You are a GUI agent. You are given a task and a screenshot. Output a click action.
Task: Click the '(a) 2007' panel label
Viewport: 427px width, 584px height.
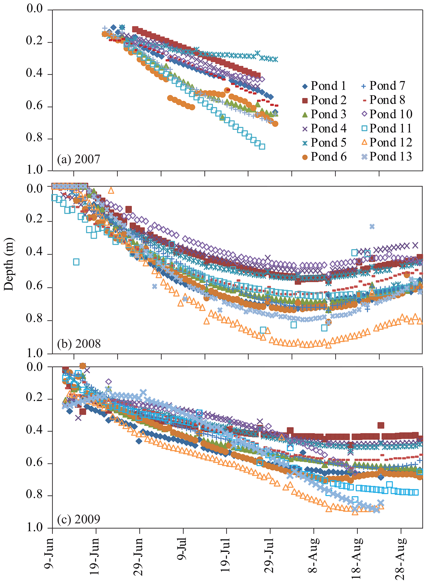coord(78,159)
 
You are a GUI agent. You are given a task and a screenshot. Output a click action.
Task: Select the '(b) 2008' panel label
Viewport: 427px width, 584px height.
coord(79,344)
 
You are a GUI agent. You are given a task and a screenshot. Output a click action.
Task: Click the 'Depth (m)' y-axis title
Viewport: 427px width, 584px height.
coord(9,264)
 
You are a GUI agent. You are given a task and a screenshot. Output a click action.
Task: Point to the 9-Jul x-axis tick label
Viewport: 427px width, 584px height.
coord(182,549)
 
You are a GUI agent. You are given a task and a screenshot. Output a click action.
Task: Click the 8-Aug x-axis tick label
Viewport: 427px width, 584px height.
coord(314,551)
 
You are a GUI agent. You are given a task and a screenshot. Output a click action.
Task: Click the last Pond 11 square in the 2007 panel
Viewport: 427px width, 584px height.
coord(262,146)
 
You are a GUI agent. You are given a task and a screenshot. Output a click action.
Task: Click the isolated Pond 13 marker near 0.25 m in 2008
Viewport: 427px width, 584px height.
coord(372,226)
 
